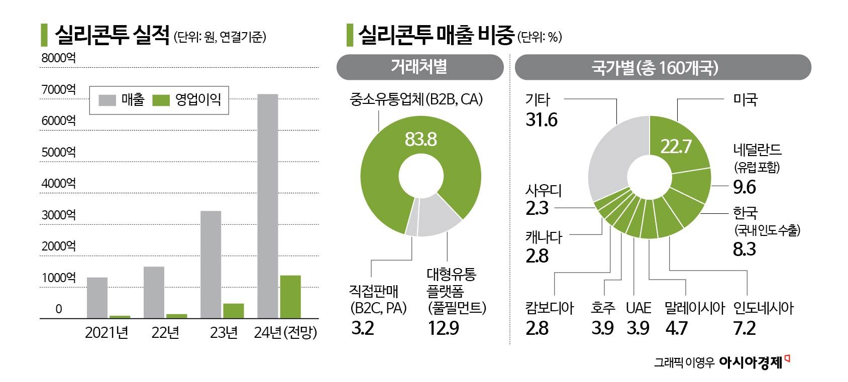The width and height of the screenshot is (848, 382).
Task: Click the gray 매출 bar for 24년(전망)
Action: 268,206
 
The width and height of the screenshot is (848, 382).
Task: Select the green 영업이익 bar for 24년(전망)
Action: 290,297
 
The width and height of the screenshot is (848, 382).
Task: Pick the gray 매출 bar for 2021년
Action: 97,298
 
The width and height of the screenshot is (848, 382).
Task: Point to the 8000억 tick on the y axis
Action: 58,58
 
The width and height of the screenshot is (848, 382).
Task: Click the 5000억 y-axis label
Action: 58,152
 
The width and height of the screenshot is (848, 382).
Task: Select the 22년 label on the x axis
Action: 165,333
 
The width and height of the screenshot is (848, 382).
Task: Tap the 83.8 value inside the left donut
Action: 421,139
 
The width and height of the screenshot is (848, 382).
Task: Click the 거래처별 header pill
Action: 419,67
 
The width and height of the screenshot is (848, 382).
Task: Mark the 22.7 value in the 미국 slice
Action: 676,147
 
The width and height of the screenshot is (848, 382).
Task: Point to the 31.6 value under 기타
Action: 542,120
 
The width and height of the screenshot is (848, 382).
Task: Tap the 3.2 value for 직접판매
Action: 363,328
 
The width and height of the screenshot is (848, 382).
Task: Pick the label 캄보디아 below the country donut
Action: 549,308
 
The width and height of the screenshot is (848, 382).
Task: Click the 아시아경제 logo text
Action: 751,363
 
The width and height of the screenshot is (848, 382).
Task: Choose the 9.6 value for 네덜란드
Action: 744,187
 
